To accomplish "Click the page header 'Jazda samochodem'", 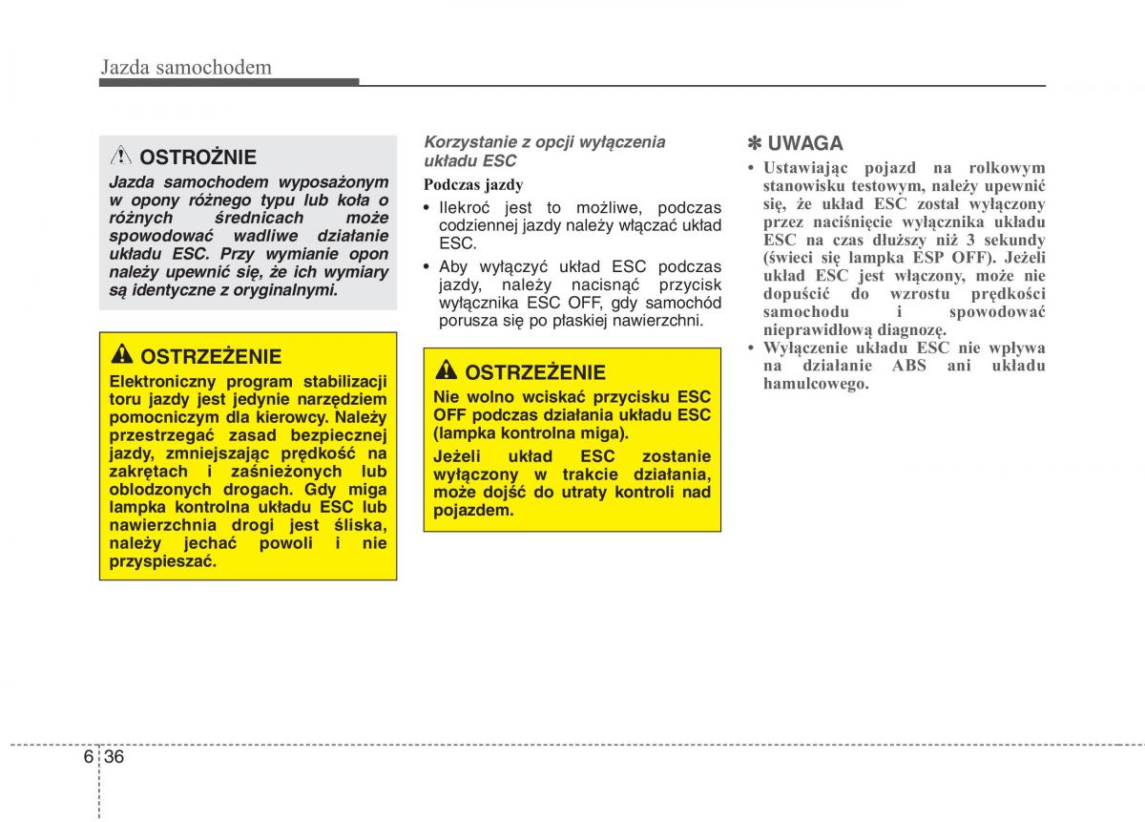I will [x=186, y=67].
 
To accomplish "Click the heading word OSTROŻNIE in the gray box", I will [x=198, y=158].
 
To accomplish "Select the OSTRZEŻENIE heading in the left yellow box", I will [x=211, y=357].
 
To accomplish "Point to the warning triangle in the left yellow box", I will [x=123, y=356].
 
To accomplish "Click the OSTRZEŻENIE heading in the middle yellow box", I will [x=535, y=373].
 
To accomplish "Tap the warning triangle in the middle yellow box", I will [x=448, y=372].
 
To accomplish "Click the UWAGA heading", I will [x=805, y=144].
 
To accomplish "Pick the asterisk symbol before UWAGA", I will [x=754, y=144].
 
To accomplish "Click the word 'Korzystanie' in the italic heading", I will [x=465, y=141].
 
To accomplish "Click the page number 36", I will [x=115, y=757].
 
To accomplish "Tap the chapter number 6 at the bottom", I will [x=89, y=757].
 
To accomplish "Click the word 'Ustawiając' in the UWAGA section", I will [x=803, y=168].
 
